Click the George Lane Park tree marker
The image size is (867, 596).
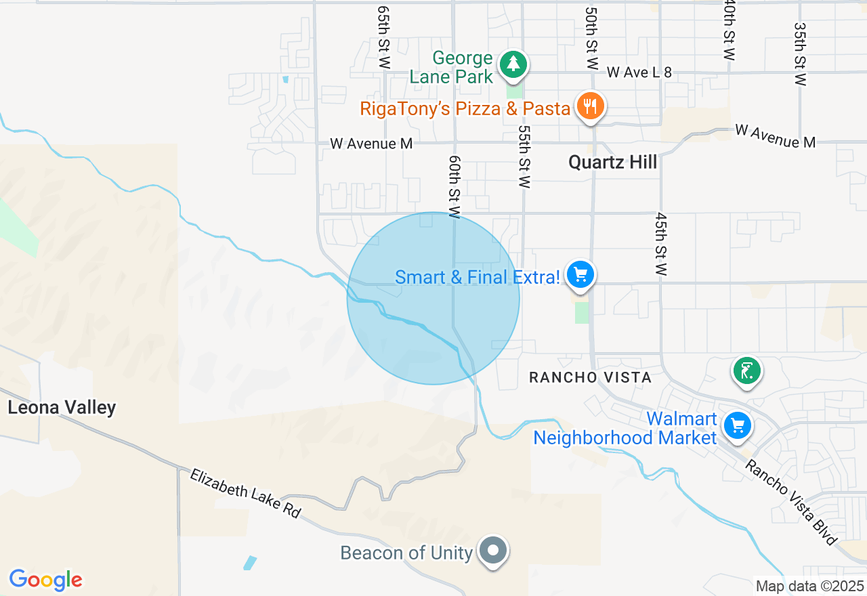point(514,65)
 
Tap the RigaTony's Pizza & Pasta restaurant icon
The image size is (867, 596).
point(591,106)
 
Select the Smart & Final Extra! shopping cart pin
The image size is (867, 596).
point(580,275)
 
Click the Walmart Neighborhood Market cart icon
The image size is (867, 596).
point(737,426)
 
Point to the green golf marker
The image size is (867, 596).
point(746,371)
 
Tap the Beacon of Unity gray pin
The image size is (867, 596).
point(494,550)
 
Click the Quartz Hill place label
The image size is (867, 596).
point(612,163)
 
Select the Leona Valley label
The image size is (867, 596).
point(62,407)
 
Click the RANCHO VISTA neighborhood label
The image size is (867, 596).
point(589,377)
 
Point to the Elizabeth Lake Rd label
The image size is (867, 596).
point(245,493)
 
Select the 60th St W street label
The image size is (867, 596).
point(454,186)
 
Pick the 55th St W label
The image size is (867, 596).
point(524,156)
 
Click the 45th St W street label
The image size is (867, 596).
point(661,244)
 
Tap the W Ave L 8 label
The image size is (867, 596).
point(639,72)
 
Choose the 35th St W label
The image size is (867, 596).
point(801,54)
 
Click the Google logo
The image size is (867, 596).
point(45,580)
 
